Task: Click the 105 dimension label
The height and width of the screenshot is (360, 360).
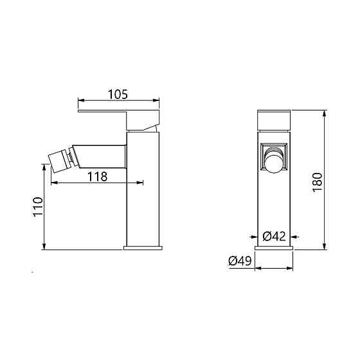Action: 118,94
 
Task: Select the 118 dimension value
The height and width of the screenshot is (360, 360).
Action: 97,177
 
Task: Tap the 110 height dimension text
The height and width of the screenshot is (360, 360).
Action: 39,206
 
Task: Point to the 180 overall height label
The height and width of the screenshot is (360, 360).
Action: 318,183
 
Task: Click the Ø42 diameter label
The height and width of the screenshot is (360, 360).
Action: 274,237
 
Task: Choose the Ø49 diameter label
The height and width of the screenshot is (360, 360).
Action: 240,261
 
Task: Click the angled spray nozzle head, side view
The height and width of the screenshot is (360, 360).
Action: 59,161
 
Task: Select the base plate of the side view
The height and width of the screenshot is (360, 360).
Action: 143,248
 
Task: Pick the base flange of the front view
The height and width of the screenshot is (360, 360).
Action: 274,248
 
